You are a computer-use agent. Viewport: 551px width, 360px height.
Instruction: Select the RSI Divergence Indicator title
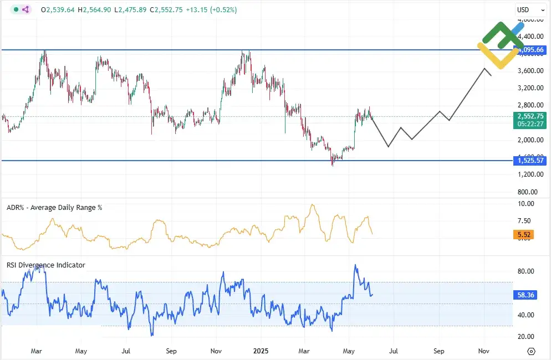point(46,265)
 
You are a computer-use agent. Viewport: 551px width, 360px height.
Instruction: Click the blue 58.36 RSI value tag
point(526,295)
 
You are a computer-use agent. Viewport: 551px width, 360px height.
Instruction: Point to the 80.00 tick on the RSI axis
point(526,271)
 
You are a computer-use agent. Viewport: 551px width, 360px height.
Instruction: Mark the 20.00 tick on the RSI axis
point(526,336)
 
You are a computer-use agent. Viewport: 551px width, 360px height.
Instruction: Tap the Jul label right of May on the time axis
point(394,351)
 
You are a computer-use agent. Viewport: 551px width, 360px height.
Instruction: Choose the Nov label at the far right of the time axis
point(483,351)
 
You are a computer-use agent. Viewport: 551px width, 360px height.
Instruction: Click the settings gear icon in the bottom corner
point(531,352)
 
